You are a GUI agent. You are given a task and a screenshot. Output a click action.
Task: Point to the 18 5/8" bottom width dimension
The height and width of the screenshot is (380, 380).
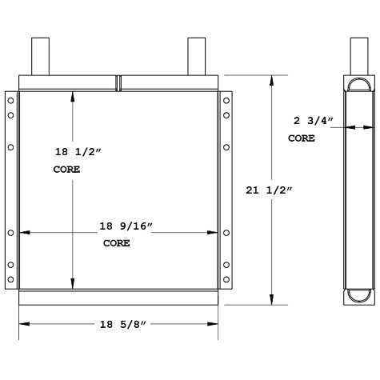coord(118,324)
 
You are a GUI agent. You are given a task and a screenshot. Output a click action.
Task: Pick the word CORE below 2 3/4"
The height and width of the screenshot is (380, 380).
coord(302,138)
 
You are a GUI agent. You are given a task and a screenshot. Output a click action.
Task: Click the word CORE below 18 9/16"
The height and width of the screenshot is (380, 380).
coord(117,243)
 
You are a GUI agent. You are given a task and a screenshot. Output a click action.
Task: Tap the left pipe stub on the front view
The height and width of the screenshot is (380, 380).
coord(41,56)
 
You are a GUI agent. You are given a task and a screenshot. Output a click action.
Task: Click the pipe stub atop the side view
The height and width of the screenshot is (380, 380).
coord(358,56)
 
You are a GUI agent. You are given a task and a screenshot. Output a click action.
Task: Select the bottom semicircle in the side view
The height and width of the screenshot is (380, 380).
coord(358,295)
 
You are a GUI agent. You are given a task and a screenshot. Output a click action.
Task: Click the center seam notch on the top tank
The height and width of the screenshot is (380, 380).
coord(118,82)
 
